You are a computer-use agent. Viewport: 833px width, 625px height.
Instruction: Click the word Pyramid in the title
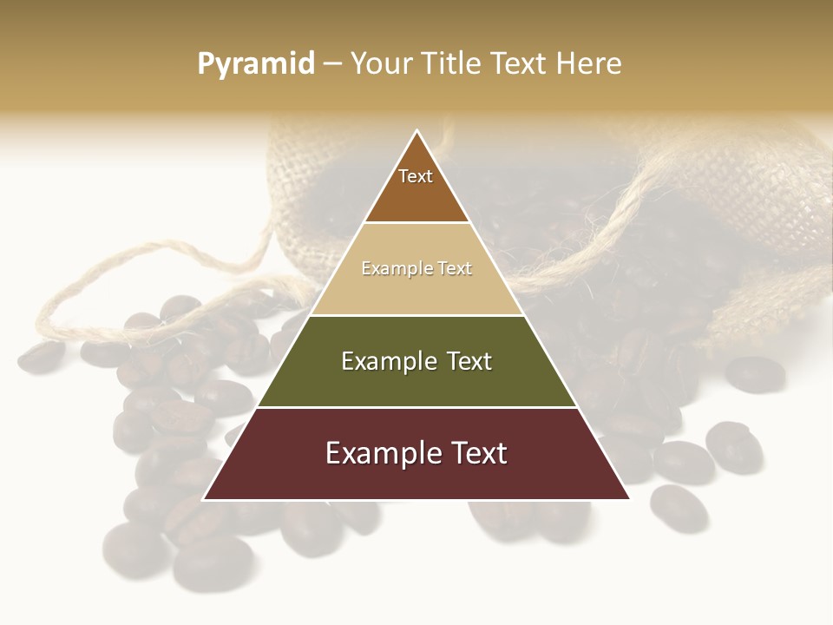(x=255, y=64)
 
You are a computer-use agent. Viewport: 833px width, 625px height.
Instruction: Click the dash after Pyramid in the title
(x=332, y=64)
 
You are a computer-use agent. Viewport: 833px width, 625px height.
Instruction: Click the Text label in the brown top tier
(x=416, y=176)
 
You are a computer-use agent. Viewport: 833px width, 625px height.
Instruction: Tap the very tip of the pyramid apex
(x=417, y=130)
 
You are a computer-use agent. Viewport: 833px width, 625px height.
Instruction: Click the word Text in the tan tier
(x=455, y=269)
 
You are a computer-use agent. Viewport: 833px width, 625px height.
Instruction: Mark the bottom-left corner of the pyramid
(x=204, y=499)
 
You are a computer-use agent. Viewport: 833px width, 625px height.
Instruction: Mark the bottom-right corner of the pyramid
(x=629, y=499)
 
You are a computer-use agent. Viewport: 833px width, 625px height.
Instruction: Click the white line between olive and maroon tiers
(x=416, y=407)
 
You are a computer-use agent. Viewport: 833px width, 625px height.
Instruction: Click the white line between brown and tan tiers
(x=416, y=223)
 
